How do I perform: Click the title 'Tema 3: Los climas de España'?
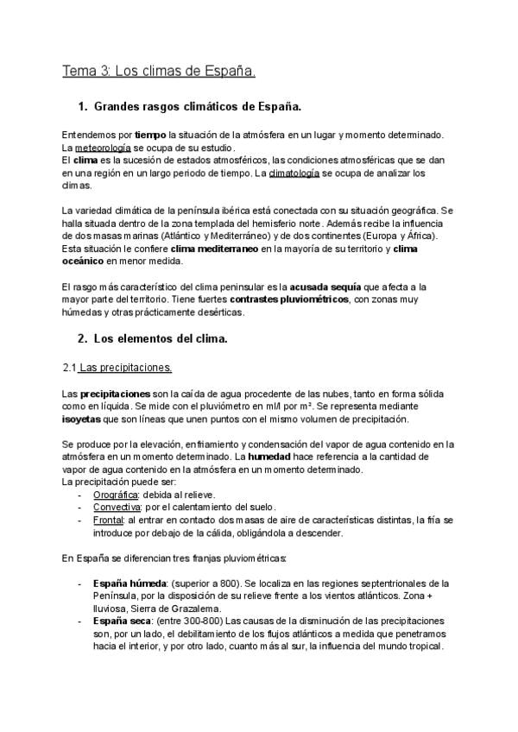(158, 70)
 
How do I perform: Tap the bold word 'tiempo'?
(150, 136)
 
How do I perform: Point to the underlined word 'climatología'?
(294, 173)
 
